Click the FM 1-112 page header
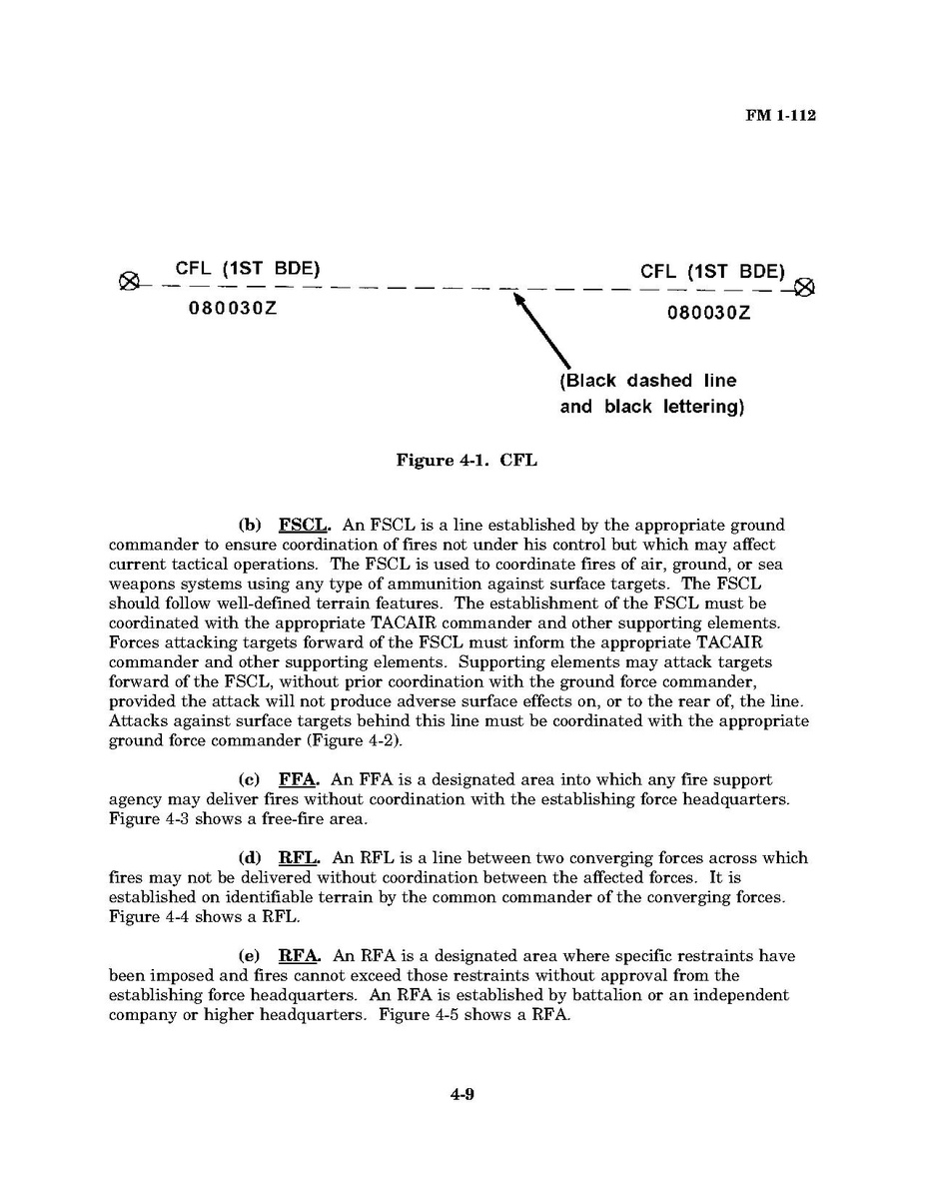point(780,116)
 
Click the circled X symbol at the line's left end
point(128,280)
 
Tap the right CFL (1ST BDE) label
point(713,271)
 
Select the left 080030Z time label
point(233,308)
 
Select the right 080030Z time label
point(709,313)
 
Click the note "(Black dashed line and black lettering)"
point(651,394)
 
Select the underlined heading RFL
point(299,857)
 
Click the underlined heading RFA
point(300,956)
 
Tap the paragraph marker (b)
point(250,525)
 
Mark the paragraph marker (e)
point(250,956)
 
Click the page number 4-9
point(462,1094)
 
